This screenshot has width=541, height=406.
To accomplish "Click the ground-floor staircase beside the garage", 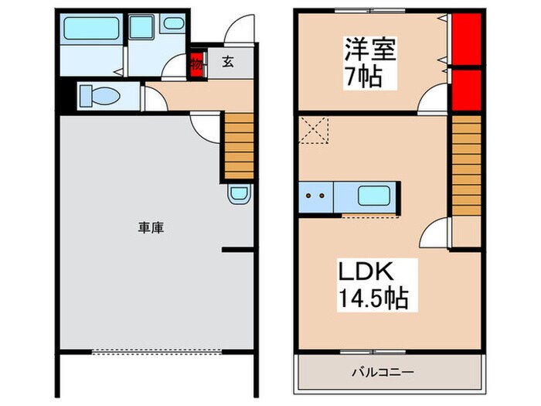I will (239, 145).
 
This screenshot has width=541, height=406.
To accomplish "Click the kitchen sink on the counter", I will (374, 195).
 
